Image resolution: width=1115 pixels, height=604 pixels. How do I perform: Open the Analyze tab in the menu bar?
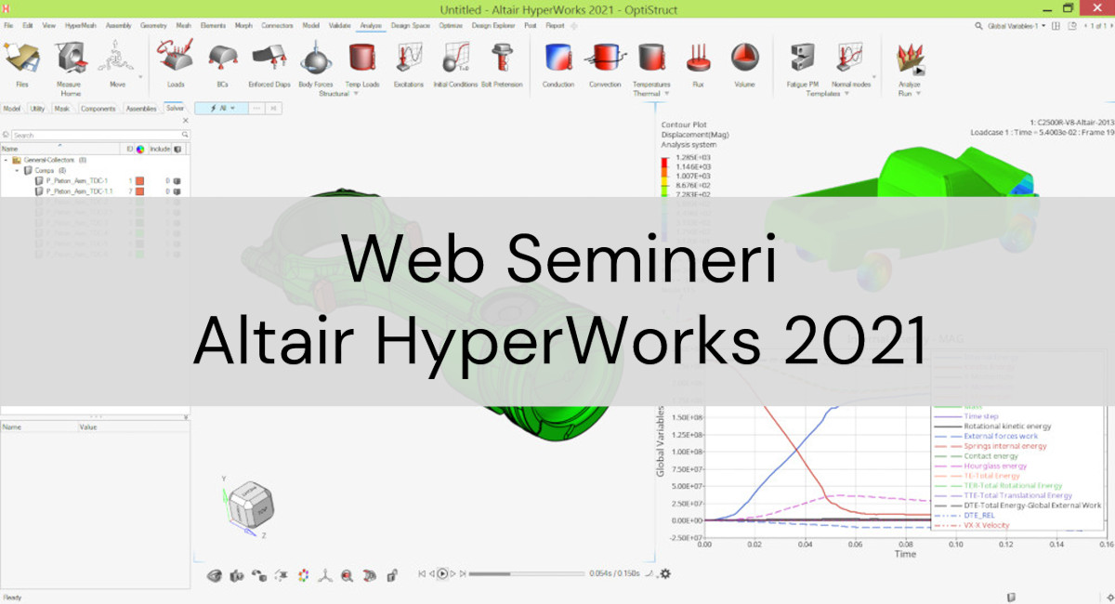371,26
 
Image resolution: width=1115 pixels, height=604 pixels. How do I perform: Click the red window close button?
1096,8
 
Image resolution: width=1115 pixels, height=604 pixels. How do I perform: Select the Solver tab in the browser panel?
175,109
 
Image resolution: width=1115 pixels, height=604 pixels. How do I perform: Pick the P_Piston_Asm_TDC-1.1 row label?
79,191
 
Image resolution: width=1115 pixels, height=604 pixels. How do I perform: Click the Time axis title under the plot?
904,555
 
